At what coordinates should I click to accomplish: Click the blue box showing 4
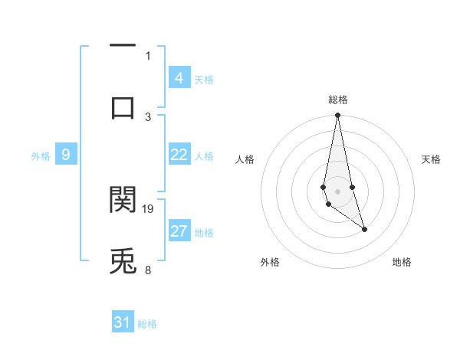(x=179, y=77)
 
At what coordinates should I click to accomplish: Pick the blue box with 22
(x=179, y=155)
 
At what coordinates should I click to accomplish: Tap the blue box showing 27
(x=179, y=231)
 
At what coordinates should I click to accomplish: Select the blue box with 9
(x=66, y=155)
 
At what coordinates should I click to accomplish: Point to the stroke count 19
(x=148, y=208)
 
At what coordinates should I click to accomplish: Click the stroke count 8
(x=148, y=270)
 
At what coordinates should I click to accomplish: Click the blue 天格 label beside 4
(x=204, y=79)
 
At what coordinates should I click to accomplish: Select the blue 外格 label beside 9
(x=41, y=156)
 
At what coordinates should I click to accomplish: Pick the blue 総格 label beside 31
(x=147, y=324)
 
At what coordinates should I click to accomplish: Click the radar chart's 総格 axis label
(x=337, y=100)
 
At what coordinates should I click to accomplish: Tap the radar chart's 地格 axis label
(x=402, y=262)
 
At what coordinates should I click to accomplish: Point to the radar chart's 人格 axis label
(x=245, y=159)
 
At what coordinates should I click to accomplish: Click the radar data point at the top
(x=337, y=116)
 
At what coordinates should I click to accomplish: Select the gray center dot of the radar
(x=337, y=191)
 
